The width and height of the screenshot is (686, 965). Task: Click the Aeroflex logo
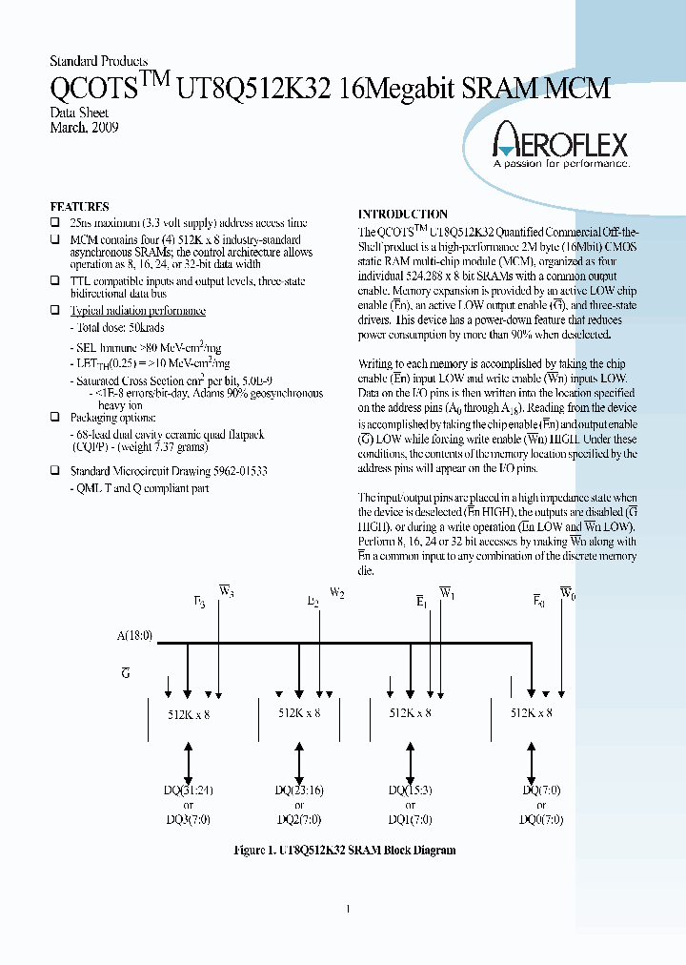point(559,144)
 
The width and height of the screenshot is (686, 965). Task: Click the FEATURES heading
point(79,206)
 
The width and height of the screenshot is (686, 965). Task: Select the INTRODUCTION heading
point(402,215)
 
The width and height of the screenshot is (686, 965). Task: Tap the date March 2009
point(85,127)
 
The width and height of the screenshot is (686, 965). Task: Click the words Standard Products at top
point(98,61)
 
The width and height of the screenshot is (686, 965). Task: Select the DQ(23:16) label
point(299,790)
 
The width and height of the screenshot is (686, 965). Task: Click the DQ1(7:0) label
point(410,819)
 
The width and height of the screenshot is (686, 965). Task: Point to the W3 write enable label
point(227,591)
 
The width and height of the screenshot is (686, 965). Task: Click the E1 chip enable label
point(420,602)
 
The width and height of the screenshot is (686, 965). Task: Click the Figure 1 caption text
point(345,850)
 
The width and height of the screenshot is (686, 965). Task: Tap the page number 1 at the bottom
point(348,909)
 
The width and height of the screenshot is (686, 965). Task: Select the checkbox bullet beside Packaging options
point(55,418)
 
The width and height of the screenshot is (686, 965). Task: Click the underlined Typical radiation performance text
point(138,311)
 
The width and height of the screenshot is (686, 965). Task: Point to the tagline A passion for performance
point(561,164)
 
